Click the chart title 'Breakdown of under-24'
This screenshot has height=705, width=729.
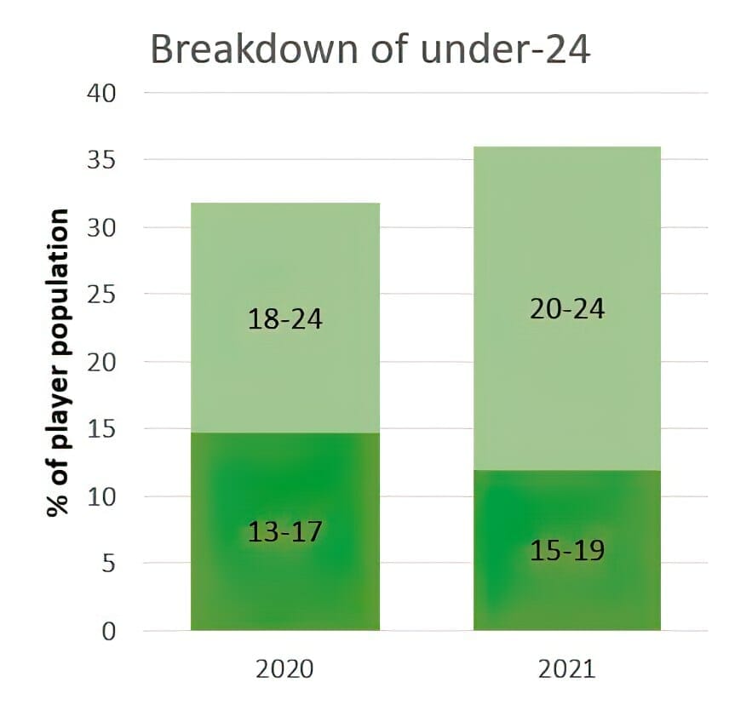coord(370,50)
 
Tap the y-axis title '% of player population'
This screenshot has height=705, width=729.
coord(58,362)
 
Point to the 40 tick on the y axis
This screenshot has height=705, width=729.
coord(103,92)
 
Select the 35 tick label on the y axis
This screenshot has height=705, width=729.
coord(103,159)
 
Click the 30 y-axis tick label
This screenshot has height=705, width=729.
coord(103,227)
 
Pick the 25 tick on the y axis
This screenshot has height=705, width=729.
coord(103,295)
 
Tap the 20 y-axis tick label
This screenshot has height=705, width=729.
coord(103,362)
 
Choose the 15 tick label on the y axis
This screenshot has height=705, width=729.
coord(103,429)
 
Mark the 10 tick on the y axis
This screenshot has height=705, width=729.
coord(103,496)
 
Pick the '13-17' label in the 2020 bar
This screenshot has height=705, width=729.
coord(285,532)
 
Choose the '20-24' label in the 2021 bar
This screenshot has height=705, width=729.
coord(567,308)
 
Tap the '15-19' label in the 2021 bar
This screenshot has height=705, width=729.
coord(567,551)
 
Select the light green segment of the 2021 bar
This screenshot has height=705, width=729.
coord(567,221)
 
